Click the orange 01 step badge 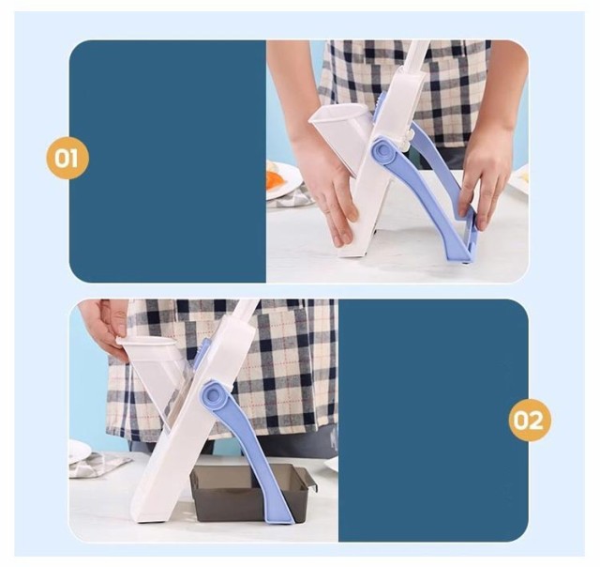click(67, 158)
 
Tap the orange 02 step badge click(530, 420)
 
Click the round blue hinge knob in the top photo click(384, 150)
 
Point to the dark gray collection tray click(250, 492)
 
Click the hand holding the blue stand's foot click(485, 176)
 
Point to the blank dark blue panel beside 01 click(168, 161)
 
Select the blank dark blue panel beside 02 click(433, 421)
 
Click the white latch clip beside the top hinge click(406, 141)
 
